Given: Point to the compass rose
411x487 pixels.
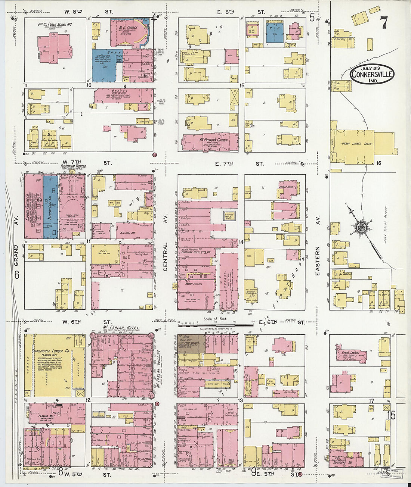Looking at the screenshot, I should pyautogui.click(x=361, y=228).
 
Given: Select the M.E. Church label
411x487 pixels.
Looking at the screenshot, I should pyautogui.click(x=128, y=28).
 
